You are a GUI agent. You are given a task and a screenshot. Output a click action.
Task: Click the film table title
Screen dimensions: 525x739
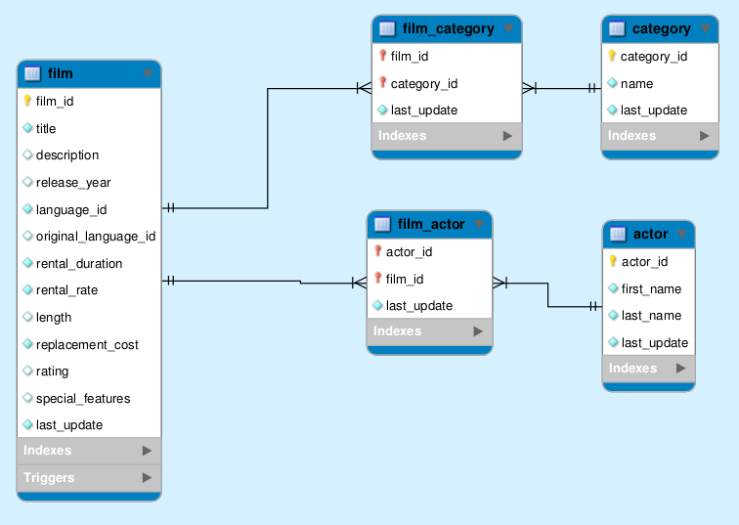[60, 73]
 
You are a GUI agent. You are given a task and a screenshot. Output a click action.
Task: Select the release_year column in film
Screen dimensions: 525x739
[73, 182]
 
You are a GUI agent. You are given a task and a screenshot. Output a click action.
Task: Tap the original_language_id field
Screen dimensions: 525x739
[95, 236]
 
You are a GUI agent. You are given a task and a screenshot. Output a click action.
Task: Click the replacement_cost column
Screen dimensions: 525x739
[87, 344]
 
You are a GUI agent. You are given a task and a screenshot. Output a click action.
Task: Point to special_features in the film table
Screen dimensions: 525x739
[83, 398]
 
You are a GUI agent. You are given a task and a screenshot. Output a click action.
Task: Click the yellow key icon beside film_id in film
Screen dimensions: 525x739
[27, 101]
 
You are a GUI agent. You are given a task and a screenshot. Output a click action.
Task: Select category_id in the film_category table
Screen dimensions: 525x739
[424, 83]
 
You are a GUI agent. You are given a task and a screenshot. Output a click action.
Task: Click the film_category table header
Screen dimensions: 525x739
[448, 28]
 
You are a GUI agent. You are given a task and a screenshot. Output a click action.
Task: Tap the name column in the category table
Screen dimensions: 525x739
[636, 83]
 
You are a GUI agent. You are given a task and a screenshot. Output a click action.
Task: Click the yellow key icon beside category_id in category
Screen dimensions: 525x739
[612, 57]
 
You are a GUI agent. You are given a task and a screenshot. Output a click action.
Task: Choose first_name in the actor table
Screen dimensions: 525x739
[651, 288]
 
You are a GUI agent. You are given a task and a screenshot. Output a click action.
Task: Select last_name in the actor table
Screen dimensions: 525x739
[651, 315]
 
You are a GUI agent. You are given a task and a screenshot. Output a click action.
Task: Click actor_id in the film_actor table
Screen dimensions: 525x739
[409, 251]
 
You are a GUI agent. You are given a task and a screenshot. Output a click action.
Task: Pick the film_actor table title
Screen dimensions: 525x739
[431, 225]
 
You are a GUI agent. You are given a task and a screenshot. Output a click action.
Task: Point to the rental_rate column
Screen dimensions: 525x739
[66, 289]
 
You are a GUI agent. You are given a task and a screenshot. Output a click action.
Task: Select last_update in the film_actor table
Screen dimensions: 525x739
[418, 305]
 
